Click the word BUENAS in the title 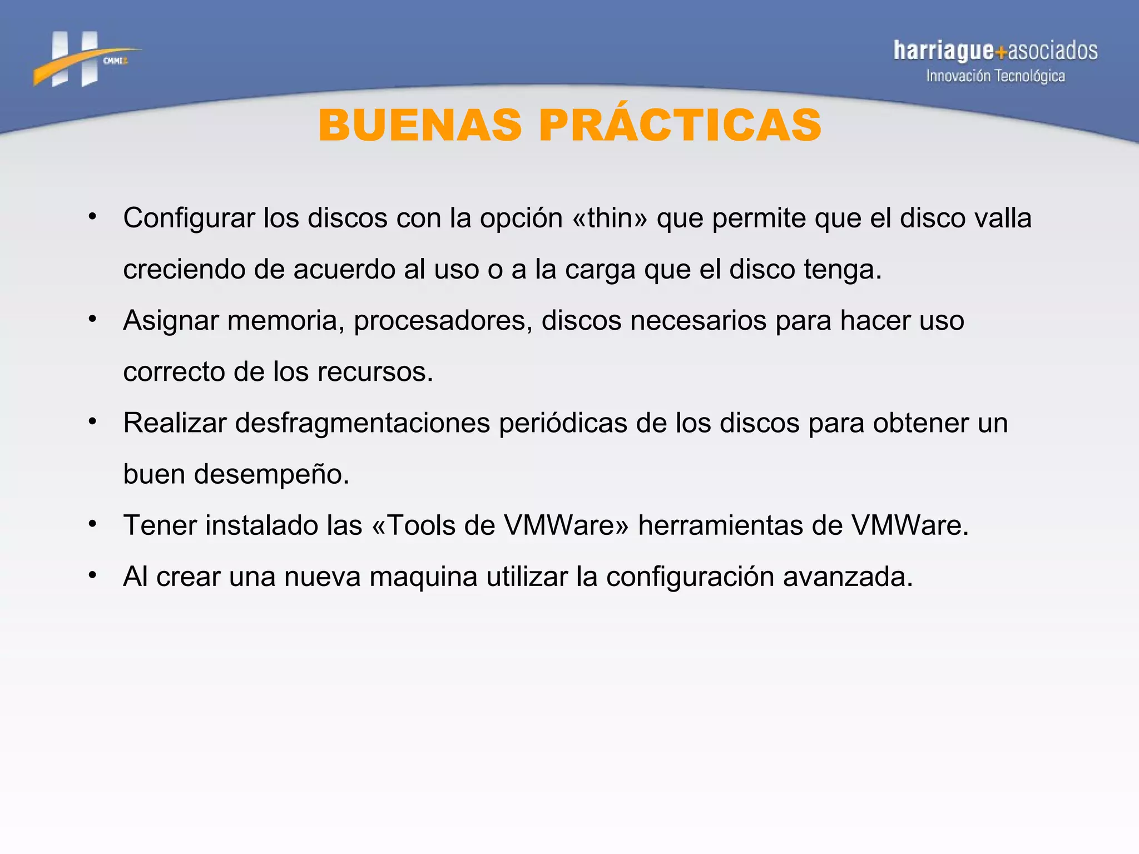(x=420, y=125)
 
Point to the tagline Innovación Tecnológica (x=995, y=76)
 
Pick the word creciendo (x=184, y=270)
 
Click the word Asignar (x=171, y=321)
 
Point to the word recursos (x=374, y=372)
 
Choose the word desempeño (x=271, y=474)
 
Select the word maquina (x=423, y=577)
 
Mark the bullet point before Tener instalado (x=93, y=524)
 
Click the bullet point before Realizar (x=93, y=421)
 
